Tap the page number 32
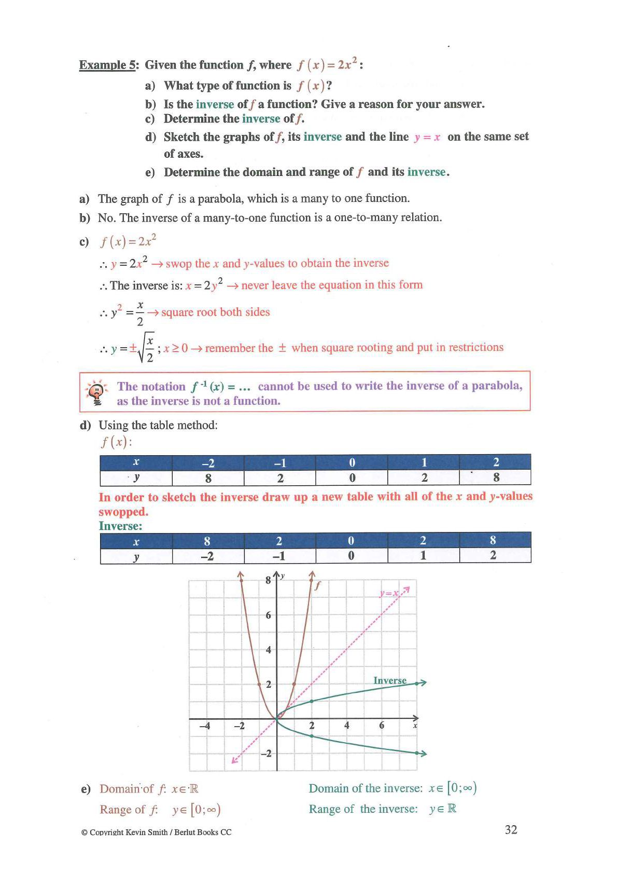coord(511,829)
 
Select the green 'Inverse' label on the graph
coord(390,680)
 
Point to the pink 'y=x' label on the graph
coord(389,593)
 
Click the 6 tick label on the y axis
coord(268,615)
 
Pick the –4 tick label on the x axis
coord(205,726)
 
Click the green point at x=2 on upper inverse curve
coord(312,701)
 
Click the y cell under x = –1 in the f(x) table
coord(279,478)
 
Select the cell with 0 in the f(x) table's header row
coord(352,462)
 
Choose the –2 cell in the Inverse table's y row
coord(207,556)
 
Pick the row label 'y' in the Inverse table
coord(136,556)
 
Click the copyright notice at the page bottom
coord(156,832)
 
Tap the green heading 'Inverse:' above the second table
coord(120,526)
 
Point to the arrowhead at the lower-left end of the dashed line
coord(234,761)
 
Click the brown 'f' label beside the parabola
coord(318,585)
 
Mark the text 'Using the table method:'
coord(158,425)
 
